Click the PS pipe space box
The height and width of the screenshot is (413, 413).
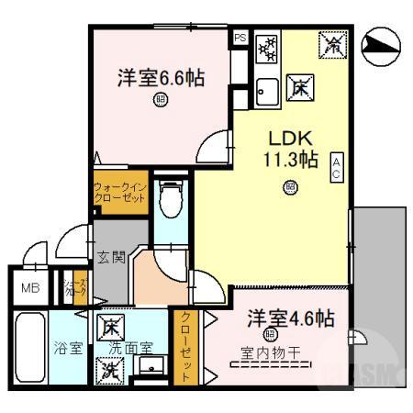(240, 39)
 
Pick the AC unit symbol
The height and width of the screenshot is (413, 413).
(337, 167)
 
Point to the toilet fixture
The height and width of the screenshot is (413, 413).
(169, 195)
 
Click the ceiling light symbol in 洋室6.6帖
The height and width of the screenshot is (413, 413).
(162, 100)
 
